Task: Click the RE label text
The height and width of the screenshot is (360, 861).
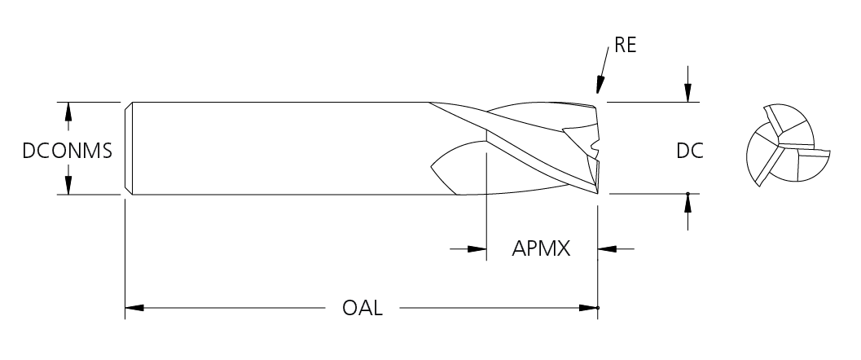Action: click(625, 46)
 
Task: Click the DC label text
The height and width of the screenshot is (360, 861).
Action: click(689, 151)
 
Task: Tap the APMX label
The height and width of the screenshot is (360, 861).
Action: click(540, 248)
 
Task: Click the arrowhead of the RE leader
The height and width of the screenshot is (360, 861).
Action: click(600, 85)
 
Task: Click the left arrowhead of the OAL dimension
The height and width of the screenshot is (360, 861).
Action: click(134, 308)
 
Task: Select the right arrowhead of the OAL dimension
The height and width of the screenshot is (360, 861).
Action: click(588, 308)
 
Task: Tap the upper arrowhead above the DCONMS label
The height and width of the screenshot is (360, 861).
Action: click(68, 112)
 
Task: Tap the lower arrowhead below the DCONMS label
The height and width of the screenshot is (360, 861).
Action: click(68, 185)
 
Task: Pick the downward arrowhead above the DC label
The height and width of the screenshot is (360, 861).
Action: click(688, 93)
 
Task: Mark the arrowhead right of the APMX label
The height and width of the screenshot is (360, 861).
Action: click(608, 248)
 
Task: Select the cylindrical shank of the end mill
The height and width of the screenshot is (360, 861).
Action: click(277, 148)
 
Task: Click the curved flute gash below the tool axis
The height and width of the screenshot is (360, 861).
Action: click(456, 167)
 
